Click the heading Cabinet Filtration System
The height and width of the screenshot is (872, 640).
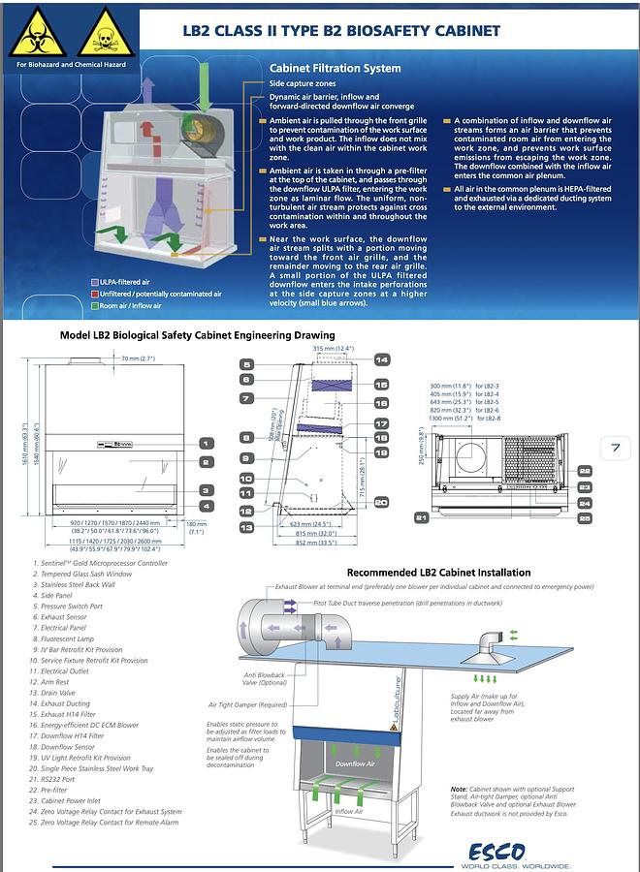point(335,69)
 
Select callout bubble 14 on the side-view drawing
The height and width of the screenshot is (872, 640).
point(382,360)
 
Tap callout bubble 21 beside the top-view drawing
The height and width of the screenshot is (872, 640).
point(421,518)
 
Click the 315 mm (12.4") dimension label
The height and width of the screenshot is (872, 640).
point(334,348)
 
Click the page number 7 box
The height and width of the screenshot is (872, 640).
point(616,448)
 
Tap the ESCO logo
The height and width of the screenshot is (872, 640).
point(497,852)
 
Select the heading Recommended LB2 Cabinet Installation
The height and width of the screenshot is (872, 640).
point(439,573)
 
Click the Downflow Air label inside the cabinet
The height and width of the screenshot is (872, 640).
point(354,763)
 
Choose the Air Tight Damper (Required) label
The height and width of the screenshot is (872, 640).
point(247,705)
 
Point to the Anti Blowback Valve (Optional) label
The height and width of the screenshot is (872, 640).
point(263,679)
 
